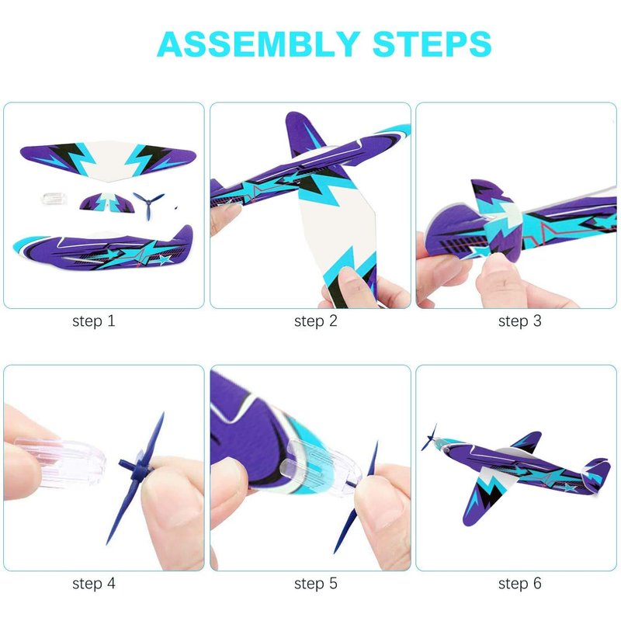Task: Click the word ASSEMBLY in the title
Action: click(258, 43)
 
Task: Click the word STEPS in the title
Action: click(432, 43)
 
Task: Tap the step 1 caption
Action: click(94, 321)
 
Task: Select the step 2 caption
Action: click(316, 321)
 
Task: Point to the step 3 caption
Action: click(519, 321)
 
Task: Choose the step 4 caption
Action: click(94, 583)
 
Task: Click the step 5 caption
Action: click(316, 583)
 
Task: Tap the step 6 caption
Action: click(519, 583)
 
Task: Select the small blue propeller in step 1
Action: click(148, 204)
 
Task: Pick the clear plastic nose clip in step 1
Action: click(54, 199)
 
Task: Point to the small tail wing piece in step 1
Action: click(107, 202)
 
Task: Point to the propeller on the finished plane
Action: click(430, 438)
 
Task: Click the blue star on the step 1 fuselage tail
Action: click(165, 259)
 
